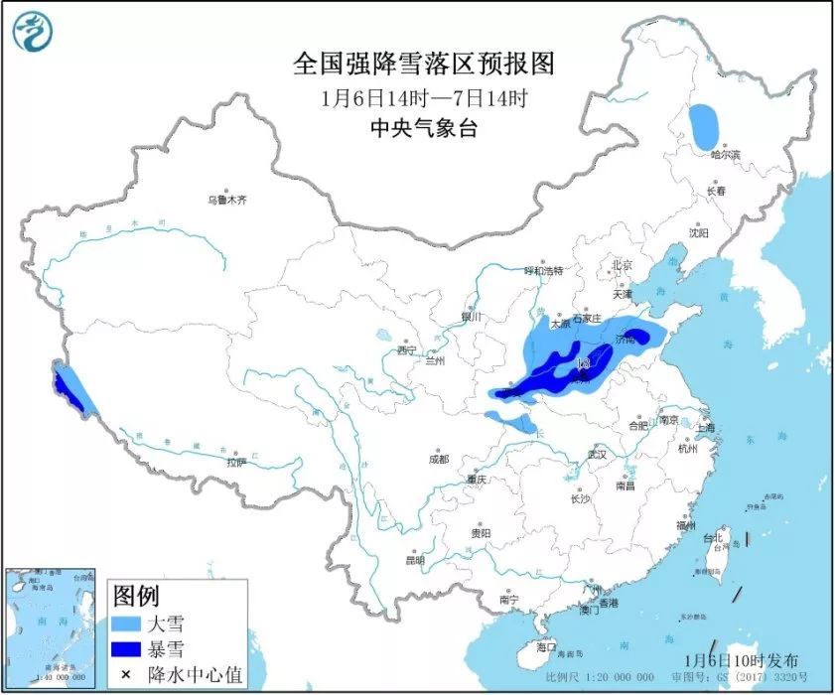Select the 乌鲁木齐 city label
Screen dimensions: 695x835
226,200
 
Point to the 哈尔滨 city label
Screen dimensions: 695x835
726,155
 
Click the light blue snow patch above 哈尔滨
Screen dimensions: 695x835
706,126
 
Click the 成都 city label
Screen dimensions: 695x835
438,459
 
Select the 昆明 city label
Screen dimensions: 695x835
415,560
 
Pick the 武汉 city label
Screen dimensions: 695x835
596,454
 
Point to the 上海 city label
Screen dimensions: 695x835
706,428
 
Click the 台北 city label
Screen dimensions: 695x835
714,538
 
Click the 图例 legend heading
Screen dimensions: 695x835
136,597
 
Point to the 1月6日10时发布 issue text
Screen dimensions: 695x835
741,660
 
